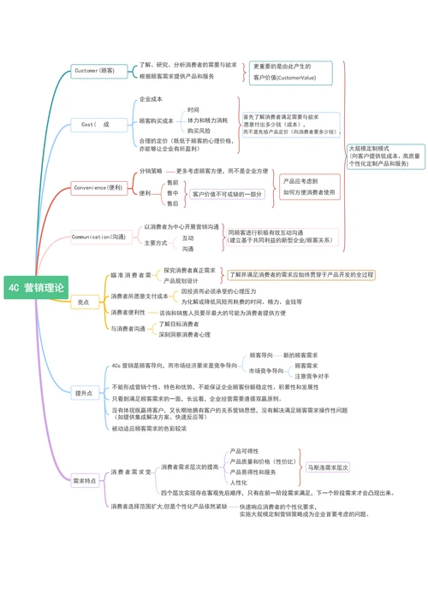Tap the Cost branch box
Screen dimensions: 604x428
point(96,124)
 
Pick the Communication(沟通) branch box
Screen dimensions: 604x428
point(98,237)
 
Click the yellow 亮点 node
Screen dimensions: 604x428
point(83,302)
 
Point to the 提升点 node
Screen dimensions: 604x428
point(83,393)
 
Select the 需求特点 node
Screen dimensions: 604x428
point(85,480)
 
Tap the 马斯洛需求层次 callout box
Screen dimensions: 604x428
point(328,468)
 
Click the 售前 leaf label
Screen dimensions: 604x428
point(174,183)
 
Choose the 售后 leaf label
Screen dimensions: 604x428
point(174,204)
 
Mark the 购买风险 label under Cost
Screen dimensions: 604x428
point(199,131)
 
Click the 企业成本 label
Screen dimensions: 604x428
point(152,100)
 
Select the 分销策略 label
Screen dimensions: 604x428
point(151,171)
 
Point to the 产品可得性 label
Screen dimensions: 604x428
point(245,450)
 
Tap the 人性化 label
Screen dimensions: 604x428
point(239,482)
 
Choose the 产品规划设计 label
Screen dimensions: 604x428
point(181,280)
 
